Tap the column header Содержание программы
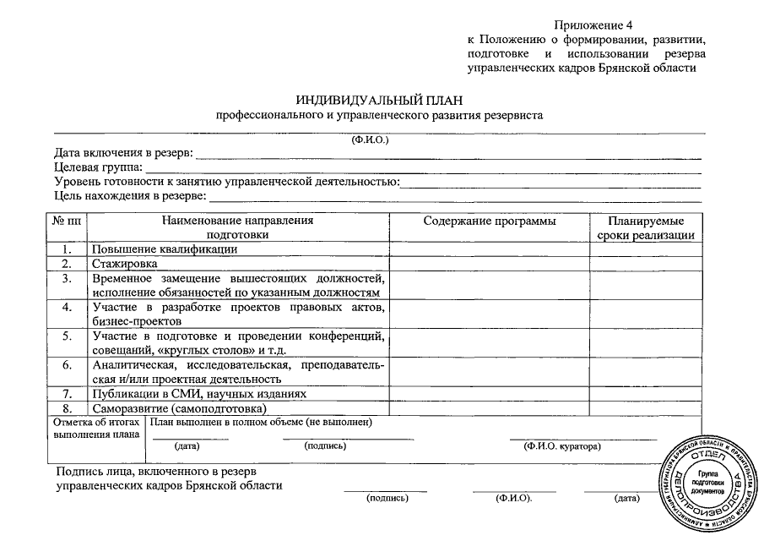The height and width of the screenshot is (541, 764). [490, 221]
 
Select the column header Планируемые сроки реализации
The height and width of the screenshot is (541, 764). [645, 228]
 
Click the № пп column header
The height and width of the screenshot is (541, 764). [67, 221]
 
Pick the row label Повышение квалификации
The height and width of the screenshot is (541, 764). [165, 249]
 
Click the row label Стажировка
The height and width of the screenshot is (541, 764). [125, 264]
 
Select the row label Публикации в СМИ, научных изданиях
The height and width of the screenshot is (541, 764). [198, 394]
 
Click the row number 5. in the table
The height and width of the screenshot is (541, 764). [67, 336]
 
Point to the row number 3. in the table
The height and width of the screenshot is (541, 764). [67, 278]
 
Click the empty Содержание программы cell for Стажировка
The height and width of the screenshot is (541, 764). [490, 264]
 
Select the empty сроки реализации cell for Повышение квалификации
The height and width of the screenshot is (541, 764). [645, 249]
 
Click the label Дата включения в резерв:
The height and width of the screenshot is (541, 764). [123, 153]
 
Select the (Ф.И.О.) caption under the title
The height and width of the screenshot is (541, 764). [370, 139]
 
